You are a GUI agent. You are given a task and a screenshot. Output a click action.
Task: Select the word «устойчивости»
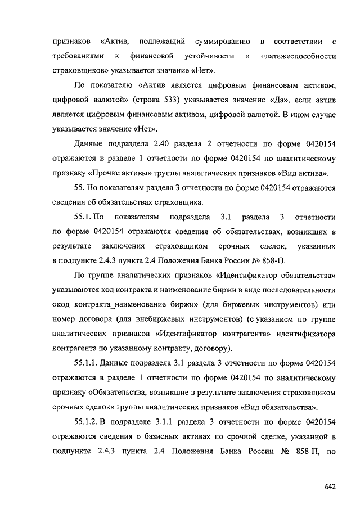click(x=207, y=56)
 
